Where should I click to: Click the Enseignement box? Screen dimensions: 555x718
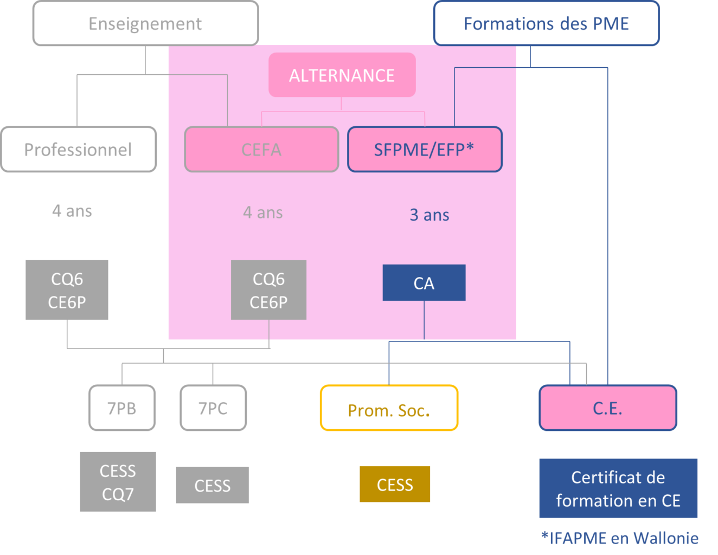click(x=145, y=24)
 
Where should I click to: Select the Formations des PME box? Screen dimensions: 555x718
click(x=546, y=24)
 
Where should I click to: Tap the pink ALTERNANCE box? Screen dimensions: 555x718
click(x=342, y=75)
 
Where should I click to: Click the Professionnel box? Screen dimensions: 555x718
click(x=79, y=150)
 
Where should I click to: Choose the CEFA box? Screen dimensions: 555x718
click(x=261, y=150)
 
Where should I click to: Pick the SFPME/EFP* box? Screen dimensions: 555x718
click(x=424, y=150)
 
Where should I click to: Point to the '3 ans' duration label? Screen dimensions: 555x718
click(x=429, y=215)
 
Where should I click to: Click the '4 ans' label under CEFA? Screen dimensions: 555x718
click(x=263, y=212)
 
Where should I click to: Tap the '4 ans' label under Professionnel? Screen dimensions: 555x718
click(x=72, y=211)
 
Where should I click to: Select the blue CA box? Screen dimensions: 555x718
click(x=424, y=283)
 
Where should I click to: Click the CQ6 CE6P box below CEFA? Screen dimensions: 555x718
click(x=268, y=290)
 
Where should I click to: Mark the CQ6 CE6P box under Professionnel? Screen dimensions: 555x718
click(x=67, y=290)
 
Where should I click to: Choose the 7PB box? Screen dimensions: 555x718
click(x=122, y=408)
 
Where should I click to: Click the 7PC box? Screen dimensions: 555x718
click(x=213, y=408)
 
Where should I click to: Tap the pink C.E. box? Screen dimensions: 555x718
click(x=608, y=408)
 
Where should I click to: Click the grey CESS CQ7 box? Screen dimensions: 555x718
click(x=118, y=482)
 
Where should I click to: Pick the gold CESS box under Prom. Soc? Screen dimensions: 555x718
click(x=395, y=484)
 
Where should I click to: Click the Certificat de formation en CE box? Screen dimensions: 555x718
click(x=618, y=488)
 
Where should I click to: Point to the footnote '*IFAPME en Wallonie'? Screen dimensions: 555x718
click(x=619, y=538)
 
